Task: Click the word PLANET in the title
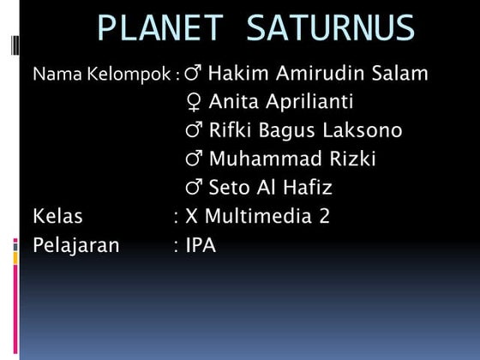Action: [161, 28]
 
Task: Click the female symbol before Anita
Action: [194, 103]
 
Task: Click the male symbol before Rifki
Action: [194, 132]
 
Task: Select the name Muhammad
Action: [261, 159]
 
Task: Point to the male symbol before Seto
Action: [194, 189]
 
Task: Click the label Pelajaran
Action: [76, 246]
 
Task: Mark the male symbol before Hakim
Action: [193, 74]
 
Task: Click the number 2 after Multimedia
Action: [324, 216]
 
